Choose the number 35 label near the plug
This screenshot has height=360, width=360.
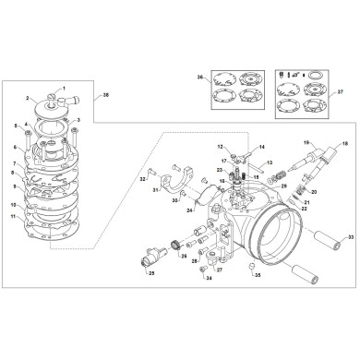click(x=258, y=275)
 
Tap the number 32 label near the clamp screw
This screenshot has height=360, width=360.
click(x=143, y=177)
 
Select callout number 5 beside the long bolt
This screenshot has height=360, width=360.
click(x=16, y=126)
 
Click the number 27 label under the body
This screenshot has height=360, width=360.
click(x=219, y=270)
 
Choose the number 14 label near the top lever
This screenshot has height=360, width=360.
click(x=262, y=147)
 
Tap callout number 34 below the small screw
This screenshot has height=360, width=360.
click(x=209, y=278)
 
